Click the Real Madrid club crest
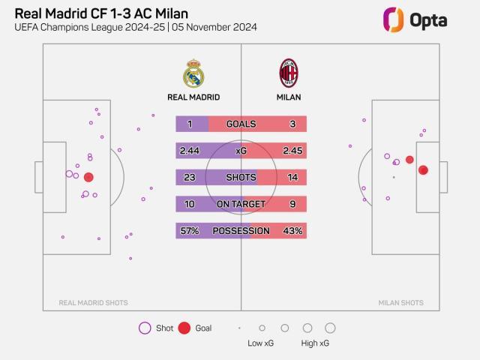(x=193, y=73)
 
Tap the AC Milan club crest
(x=289, y=73)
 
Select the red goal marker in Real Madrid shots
(x=88, y=178)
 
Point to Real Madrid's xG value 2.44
(x=189, y=151)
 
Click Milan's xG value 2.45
(x=293, y=151)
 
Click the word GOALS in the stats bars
(x=241, y=124)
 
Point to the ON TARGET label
(x=241, y=204)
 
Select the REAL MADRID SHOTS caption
(x=93, y=303)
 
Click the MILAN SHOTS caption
(x=400, y=303)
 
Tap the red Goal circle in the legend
(x=184, y=328)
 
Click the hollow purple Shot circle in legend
(x=145, y=328)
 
